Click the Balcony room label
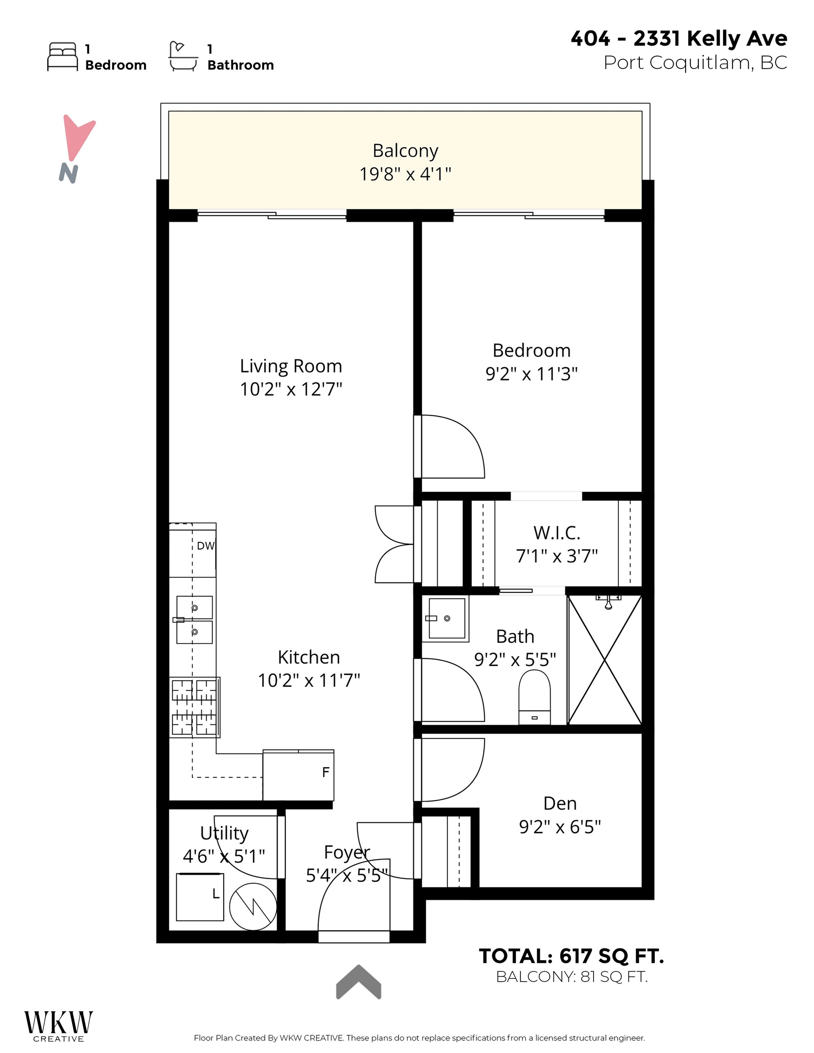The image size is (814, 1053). coord(405,151)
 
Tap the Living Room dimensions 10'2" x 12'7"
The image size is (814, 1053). coord(290,389)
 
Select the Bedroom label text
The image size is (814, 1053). coord(531,351)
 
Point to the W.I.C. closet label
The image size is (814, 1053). coord(557,533)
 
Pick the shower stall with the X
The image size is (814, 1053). coord(605,660)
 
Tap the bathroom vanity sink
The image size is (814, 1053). coord(446,618)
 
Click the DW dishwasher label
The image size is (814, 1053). coord(205,546)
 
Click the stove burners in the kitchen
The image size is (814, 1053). coord(194,707)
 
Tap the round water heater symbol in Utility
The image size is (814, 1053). coord(252,906)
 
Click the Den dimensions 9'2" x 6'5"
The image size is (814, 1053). coord(560,827)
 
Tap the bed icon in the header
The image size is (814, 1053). coord(62,57)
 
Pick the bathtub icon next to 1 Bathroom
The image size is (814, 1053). coord(183,57)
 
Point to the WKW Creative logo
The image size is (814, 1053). coord(59,1026)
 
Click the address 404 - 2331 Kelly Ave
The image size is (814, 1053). coord(679,38)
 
